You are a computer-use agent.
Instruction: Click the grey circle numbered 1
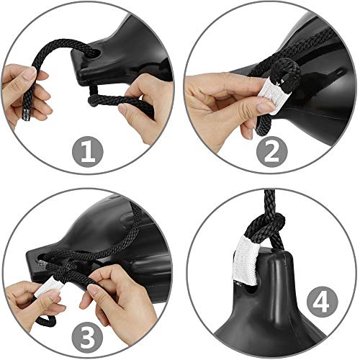coord(88,152)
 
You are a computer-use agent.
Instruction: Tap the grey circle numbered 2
coord(272,152)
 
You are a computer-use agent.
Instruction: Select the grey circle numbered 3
coord(88,338)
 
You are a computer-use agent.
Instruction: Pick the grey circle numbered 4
coord(323,302)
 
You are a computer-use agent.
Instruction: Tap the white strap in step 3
coord(49,287)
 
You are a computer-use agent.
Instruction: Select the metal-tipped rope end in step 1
coord(26,114)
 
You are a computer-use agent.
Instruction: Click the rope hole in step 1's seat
coord(93,53)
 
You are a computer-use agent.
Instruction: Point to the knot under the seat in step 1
coord(94,101)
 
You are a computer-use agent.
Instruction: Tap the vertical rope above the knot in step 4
coord(270,202)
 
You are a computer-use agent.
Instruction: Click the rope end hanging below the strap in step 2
coord(261,125)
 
